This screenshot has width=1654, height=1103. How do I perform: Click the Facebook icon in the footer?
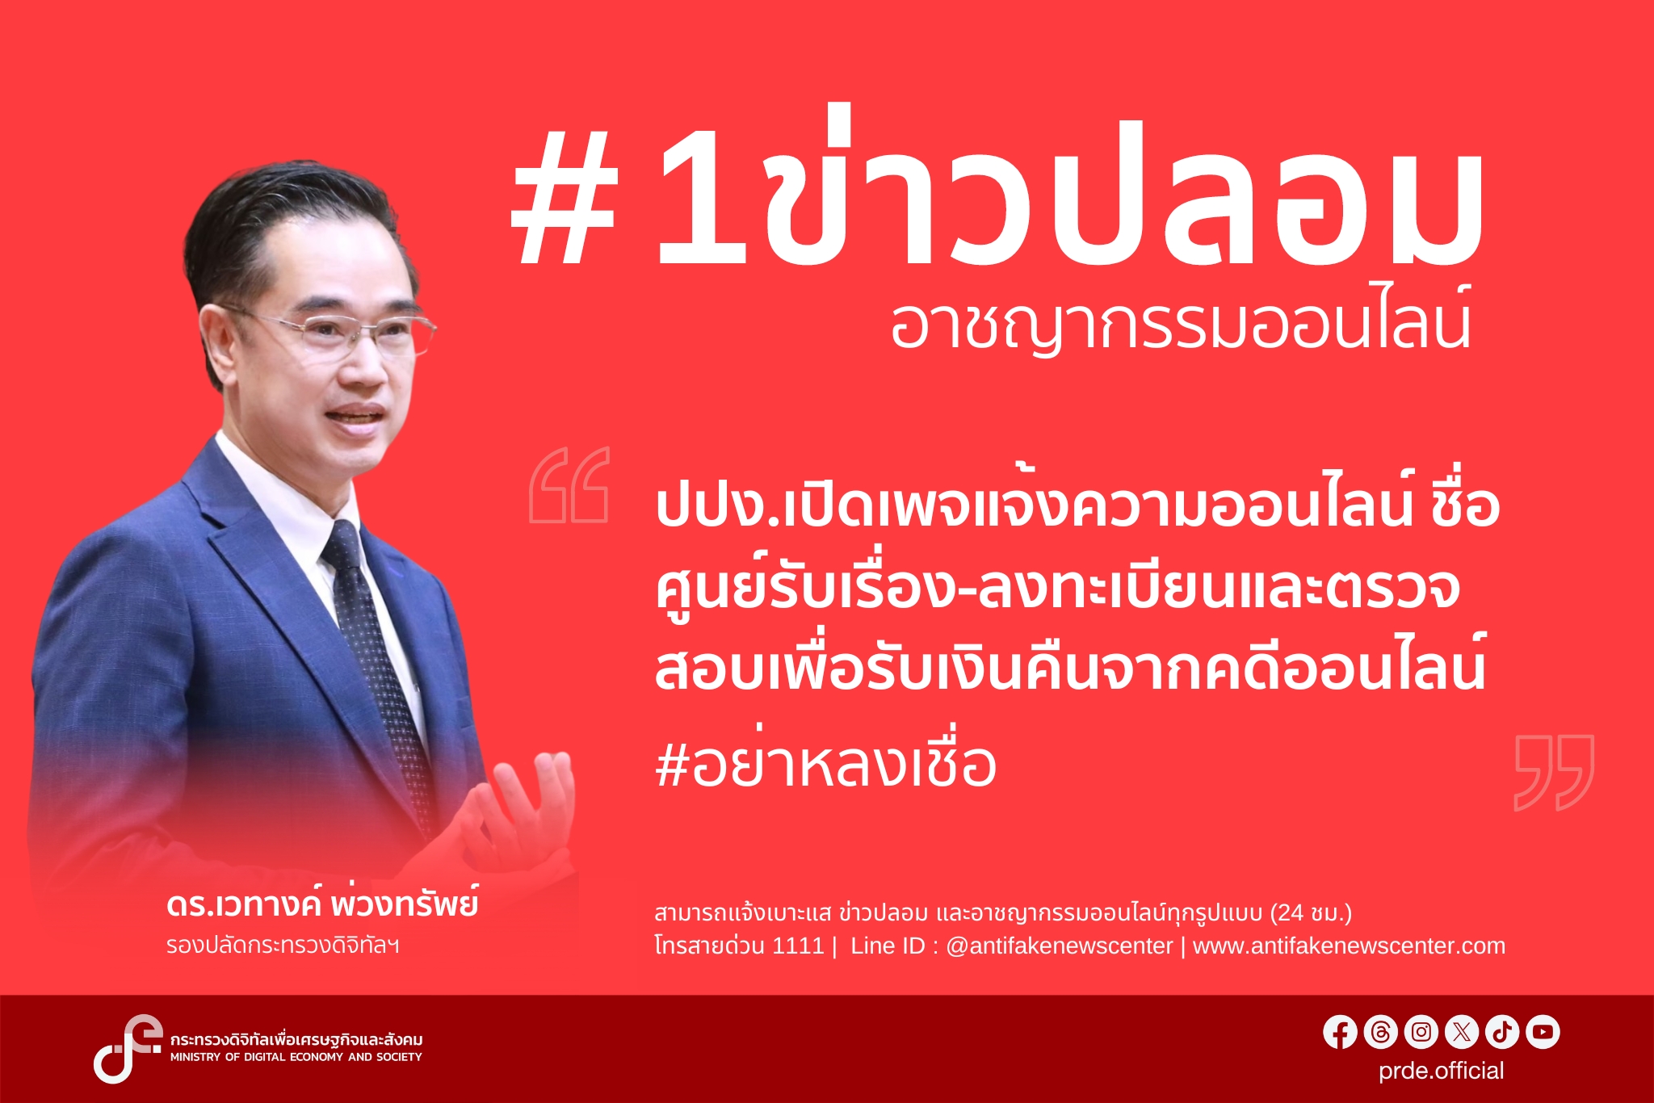(x=1340, y=1032)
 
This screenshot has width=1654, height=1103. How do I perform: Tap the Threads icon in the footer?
(x=1380, y=1032)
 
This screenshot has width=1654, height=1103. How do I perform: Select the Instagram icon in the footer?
(x=1421, y=1032)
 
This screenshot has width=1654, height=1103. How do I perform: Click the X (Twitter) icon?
(x=1461, y=1032)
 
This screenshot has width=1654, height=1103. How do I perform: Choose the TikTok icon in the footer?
(x=1502, y=1032)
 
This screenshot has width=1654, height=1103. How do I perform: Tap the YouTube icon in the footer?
(x=1543, y=1032)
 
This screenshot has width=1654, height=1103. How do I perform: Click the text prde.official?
(x=1441, y=1071)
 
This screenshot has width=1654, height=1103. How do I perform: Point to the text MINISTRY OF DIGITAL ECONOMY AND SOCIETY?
(x=296, y=1057)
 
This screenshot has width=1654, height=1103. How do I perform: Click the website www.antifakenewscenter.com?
(x=1349, y=946)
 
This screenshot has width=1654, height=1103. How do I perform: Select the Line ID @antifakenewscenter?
(x=1059, y=946)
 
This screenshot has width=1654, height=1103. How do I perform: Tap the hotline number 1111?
(x=798, y=946)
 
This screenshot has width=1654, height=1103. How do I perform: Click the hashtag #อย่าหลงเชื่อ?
(x=825, y=764)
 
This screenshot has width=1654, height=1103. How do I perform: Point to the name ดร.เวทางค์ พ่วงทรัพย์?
(x=322, y=904)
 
